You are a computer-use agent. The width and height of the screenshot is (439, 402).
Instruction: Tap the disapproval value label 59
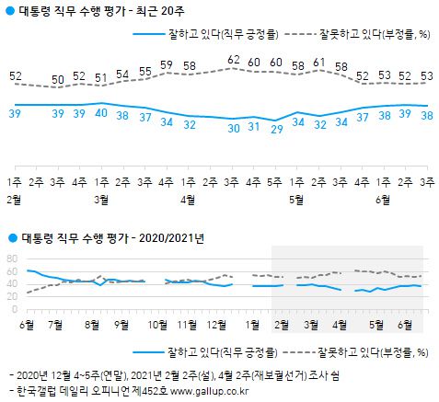(x=167, y=64)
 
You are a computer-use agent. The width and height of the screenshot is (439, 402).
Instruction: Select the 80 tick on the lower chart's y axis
(x=12, y=258)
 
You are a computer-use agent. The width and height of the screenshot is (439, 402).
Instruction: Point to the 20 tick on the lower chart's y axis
(x=12, y=297)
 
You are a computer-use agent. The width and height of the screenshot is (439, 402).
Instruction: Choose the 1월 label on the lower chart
(x=253, y=323)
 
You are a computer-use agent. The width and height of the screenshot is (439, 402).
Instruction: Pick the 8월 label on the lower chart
(x=92, y=323)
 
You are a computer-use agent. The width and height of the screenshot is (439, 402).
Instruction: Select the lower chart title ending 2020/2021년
(x=111, y=237)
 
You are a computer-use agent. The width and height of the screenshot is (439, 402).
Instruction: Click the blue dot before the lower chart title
(x=10, y=237)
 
